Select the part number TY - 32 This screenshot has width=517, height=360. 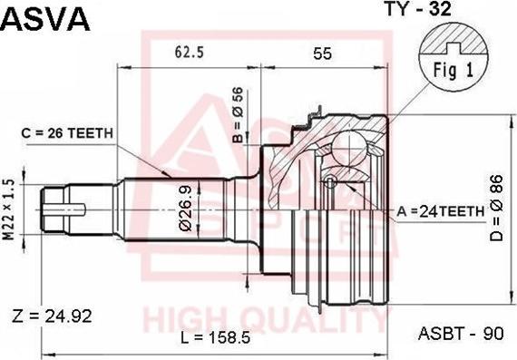tap(418, 8)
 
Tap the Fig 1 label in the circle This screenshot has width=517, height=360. tap(454, 70)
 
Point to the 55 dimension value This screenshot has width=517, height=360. tap(322, 54)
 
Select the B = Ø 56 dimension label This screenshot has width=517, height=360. tap(238, 115)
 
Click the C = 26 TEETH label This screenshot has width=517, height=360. tap(67, 133)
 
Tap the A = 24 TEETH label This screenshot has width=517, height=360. tap(441, 211)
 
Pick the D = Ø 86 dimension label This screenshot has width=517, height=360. tap(496, 208)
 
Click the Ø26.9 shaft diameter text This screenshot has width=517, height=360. tap(185, 209)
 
